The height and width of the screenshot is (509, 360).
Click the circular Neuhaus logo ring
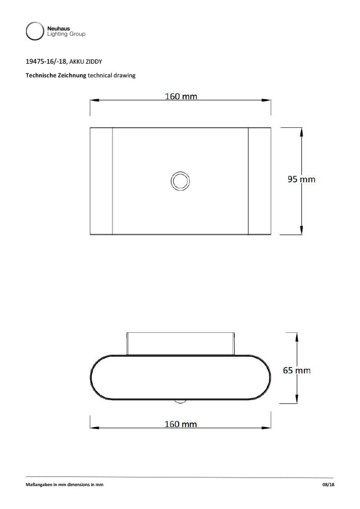(x=35, y=31)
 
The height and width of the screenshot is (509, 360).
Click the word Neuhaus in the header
(x=58, y=29)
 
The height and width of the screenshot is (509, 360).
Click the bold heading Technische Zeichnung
(x=56, y=75)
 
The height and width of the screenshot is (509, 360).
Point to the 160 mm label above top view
(x=181, y=96)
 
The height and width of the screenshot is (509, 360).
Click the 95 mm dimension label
(x=301, y=179)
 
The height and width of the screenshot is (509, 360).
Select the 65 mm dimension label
(x=296, y=370)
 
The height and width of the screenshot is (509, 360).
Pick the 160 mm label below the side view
(x=180, y=424)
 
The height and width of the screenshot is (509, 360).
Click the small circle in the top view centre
(x=180, y=181)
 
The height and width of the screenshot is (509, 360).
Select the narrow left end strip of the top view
(x=101, y=181)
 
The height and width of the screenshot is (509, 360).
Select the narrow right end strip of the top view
(x=259, y=181)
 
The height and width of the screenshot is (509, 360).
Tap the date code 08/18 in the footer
(x=328, y=485)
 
